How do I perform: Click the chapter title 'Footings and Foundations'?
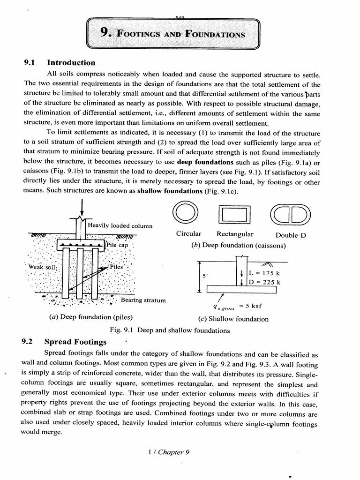(173, 34)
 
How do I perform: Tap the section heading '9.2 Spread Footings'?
(65, 342)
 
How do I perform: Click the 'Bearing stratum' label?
(143, 300)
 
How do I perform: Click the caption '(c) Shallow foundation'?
(232, 319)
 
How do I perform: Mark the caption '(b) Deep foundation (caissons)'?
(239, 245)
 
